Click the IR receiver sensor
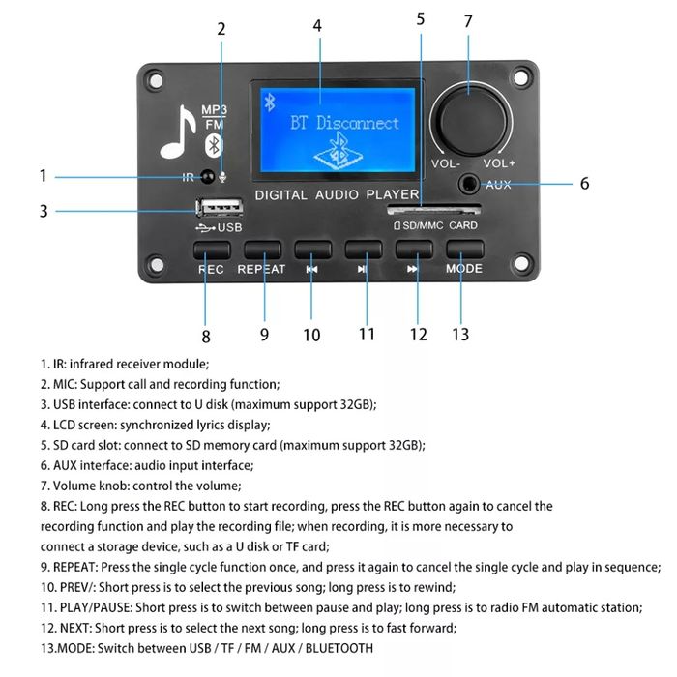point(207,177)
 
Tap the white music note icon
point(178,132)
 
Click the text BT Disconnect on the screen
point(344,123)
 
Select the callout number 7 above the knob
point(468,21)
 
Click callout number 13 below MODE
point(460,334)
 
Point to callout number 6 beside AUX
point(584,183)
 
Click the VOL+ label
point(500,163)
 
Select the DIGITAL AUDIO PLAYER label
point(336,195)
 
